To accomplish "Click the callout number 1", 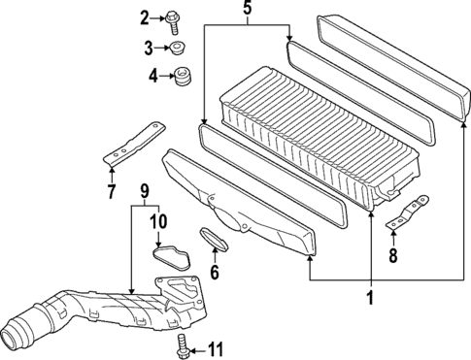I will pos(370,298).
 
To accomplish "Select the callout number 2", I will pos(145,16).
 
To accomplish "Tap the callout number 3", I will pos(149,48).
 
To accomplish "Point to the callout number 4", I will pos(152,75).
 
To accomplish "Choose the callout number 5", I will pos(247,12).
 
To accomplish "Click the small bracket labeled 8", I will pos(409,214).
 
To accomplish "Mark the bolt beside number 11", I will pos(183,344).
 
